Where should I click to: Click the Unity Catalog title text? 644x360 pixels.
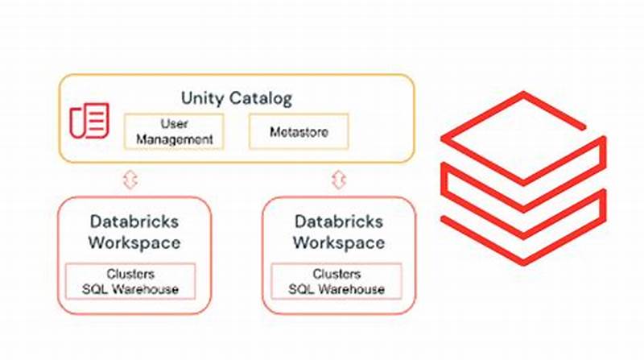pos(236,99)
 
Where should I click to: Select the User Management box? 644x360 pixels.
pos(175,131)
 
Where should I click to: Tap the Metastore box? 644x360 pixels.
pos(299,131)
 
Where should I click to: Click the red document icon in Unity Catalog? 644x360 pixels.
pos(89,121)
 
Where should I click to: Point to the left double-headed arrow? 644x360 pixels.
pos(130,180)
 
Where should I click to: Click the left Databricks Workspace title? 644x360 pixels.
pos(134,231)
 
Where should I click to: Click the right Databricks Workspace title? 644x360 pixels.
pos(339,231)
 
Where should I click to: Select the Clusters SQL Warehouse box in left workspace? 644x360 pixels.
pos(130,281)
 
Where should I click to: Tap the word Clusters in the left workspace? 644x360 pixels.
pos(130,274)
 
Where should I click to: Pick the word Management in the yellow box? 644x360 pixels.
pos(175,139)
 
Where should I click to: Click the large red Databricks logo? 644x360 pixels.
pos(522,177)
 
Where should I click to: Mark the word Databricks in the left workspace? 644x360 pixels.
pos(134,221)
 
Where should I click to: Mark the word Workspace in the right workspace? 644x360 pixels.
pos(339,242)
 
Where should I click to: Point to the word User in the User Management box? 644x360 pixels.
pos(175,124)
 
